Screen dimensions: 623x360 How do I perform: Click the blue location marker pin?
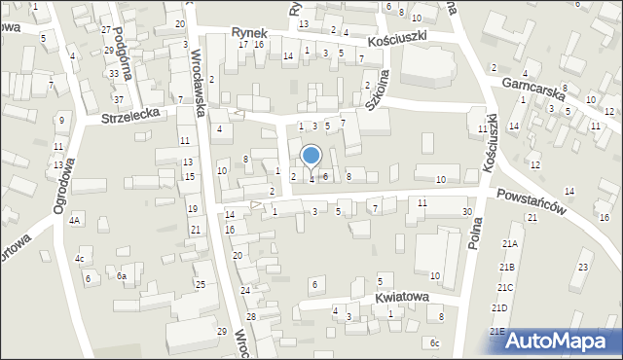[x=311, y=156]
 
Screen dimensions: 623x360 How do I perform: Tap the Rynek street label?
[x=249, y=32]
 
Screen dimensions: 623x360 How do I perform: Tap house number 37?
[x=118, y=100]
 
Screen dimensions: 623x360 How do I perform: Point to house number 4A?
[x=74, y=221]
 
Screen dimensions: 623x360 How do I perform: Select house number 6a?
[x=122, y=276]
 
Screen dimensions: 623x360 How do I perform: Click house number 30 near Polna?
[x=467, y=212]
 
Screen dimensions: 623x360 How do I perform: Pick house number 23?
[x=583, y=267]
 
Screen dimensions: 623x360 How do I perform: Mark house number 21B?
[x=506, y=267]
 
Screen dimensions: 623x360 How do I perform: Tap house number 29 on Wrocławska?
[x=221, y=332]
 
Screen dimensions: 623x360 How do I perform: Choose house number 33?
[x=114, y=74]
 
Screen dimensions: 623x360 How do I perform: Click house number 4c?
[x=80, y=259]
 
